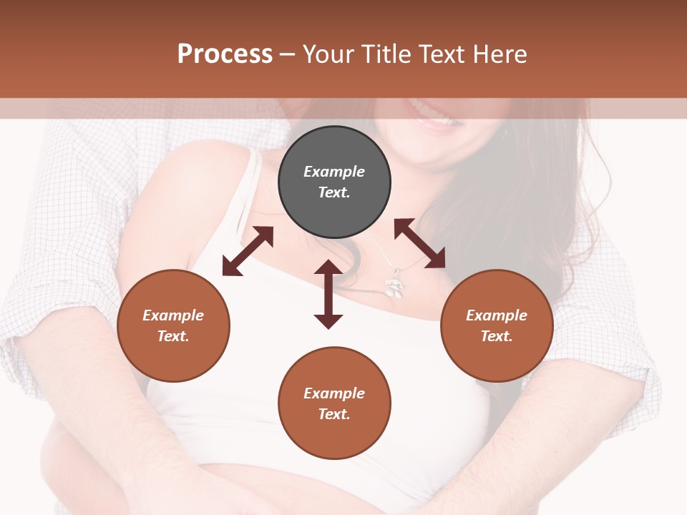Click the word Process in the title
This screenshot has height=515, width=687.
[x=225, y=54]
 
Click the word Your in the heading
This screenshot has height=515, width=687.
[x=329, y=54]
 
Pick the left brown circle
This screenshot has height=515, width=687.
[x=173, y=325]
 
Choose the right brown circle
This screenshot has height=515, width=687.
[x=497, y=325]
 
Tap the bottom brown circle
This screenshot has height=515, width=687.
[x=334, y=403]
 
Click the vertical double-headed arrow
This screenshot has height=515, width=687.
[x=328, y=294]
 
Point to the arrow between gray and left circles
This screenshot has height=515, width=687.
[x=248, y=251]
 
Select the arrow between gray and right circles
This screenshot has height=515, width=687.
[x=419, y=243]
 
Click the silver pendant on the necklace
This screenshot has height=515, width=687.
[x=393, y=286]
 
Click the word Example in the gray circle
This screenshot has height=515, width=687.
[x=334, y=172]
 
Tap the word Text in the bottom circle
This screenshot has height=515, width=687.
[x=334, y=414]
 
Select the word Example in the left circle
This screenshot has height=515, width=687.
[x=173, y=315]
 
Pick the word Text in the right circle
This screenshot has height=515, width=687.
[x=497, y=336]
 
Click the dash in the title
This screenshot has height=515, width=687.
[x=287, y=54]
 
